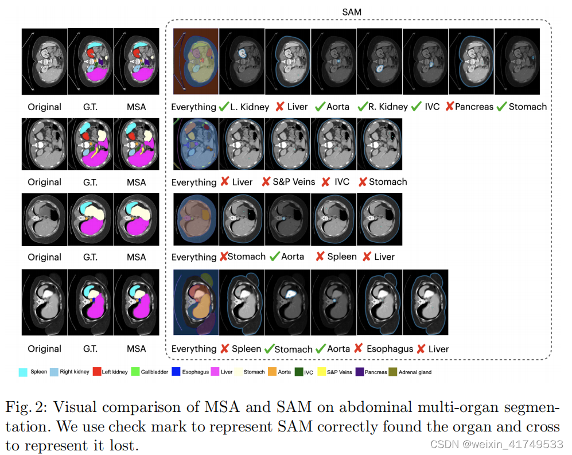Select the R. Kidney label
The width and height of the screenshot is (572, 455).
[388, 107]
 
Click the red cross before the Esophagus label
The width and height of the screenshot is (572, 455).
[359, 348]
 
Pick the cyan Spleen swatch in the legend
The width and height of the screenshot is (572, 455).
[23, 372]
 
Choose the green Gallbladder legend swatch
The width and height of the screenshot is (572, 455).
[135, 372]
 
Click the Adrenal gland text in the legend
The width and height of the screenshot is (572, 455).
[415, 372]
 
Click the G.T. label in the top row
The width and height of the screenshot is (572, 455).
[90, 107]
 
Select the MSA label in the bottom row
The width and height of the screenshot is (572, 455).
[136, 349]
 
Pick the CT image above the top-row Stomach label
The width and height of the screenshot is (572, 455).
[516, 62]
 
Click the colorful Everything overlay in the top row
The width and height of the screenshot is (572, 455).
[196, 62]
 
